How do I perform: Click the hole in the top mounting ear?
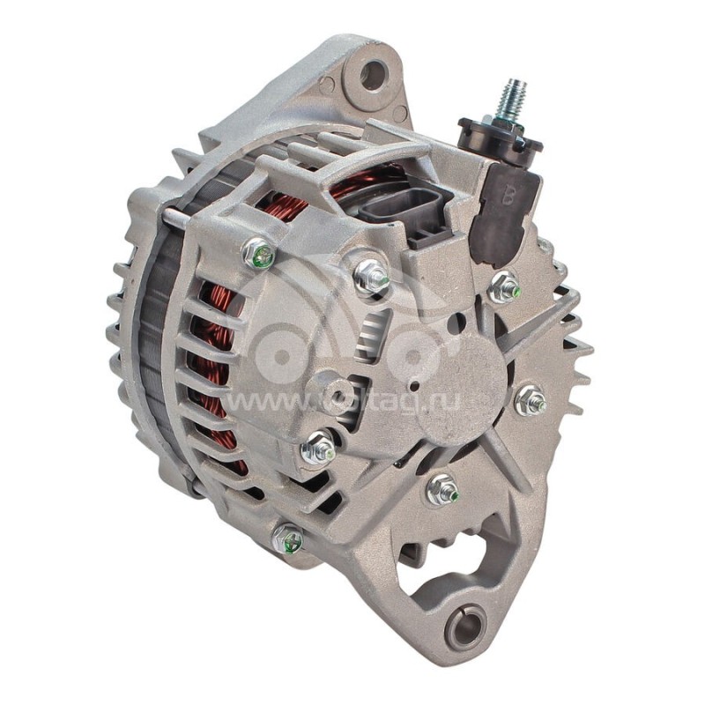coord(373,74)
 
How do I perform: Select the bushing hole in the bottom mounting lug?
coord(464,627)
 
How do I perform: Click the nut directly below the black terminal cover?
coord(503,286)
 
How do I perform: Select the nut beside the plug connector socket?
coord(372,277)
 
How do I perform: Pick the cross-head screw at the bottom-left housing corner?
coord(287,539)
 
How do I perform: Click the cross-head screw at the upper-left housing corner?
coord(258,254)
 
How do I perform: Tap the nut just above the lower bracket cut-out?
coord(442,489)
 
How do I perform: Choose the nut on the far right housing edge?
coord(531,401)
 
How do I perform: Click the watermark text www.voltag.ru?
coord(352,402)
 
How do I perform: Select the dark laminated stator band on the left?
coord(158,344)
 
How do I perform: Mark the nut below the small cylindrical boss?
coord(318,449)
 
